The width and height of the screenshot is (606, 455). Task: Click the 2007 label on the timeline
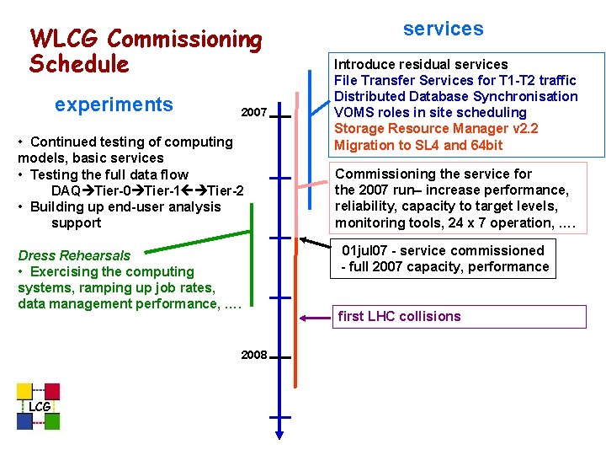253,113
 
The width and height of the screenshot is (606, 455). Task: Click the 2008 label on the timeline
253,356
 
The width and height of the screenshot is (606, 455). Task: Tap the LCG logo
38,407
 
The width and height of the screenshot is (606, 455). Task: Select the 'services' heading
443,29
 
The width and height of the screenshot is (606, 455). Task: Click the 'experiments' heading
114,104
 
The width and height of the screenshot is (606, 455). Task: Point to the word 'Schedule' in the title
79,64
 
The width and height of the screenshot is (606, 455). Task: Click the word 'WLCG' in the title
66,39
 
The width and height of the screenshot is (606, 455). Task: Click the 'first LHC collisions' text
399,317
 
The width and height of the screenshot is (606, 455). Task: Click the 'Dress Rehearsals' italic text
74,255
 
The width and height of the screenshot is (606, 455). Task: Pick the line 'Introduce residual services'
421,64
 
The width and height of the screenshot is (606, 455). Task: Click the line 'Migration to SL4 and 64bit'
418,145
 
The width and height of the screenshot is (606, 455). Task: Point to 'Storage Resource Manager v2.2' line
436,129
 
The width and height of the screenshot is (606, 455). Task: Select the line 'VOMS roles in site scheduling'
430,113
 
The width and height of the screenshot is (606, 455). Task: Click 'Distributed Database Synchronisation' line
455,96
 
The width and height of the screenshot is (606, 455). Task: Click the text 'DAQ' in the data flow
66,191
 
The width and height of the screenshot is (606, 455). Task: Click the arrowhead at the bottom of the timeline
279,433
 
